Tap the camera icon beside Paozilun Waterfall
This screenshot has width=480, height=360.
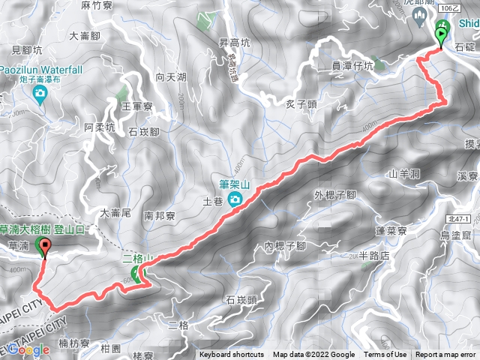(40, 93)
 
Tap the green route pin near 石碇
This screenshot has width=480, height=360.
(441, 34)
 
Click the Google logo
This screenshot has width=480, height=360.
(28, 349)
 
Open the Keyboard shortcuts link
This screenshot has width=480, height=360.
(232, 355)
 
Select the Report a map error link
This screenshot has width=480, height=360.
(446, 355)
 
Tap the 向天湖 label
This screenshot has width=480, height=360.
(170, 76)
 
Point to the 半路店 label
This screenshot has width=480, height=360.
(375, 256)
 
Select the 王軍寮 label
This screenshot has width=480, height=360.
(137, 107)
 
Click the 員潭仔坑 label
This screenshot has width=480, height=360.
(352, 66)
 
